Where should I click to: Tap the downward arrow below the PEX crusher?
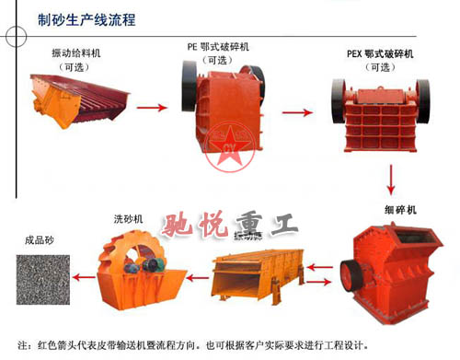coord(394,176)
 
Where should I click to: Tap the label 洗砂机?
coord(128,218)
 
